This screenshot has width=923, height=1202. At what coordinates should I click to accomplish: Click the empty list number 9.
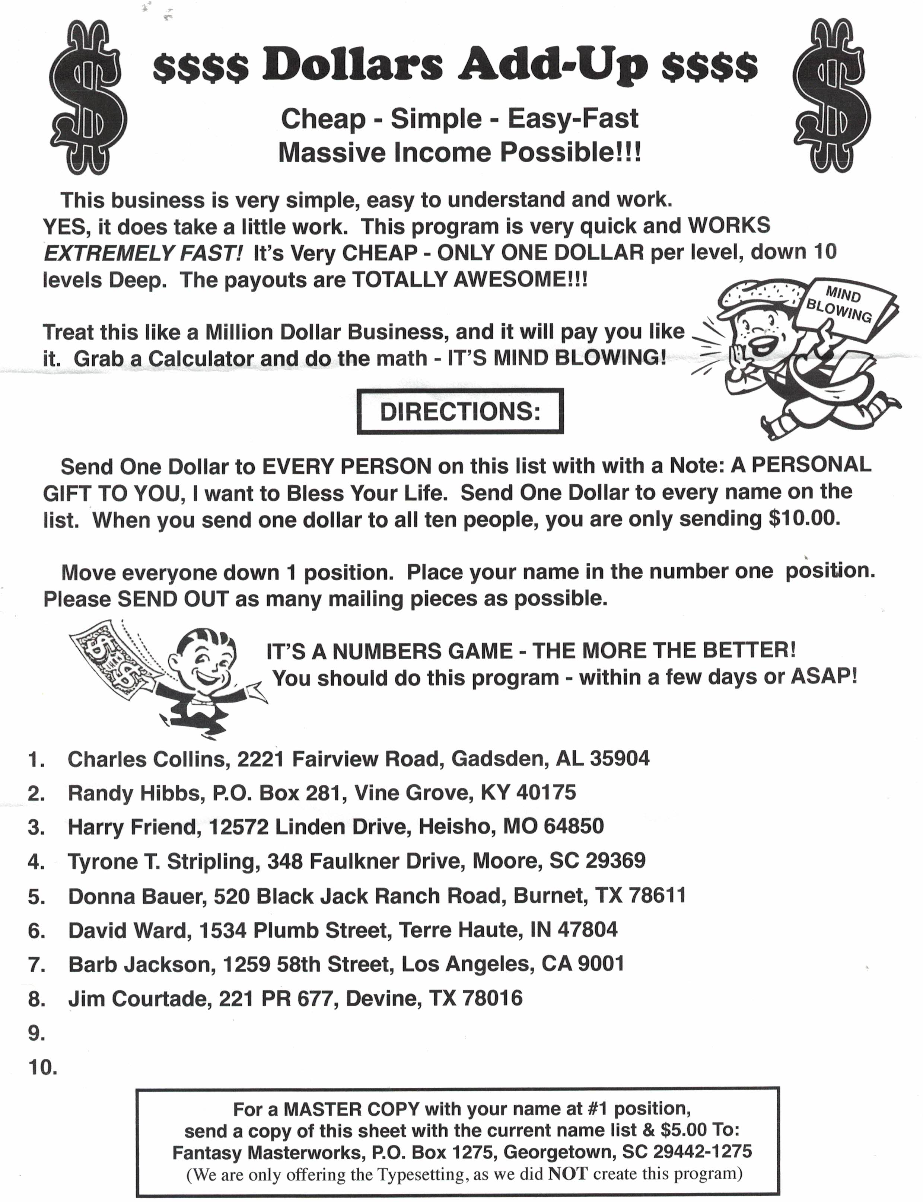click(x=36, y=1033)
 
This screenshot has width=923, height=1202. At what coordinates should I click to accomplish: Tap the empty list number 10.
click(x=42, y=1067)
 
